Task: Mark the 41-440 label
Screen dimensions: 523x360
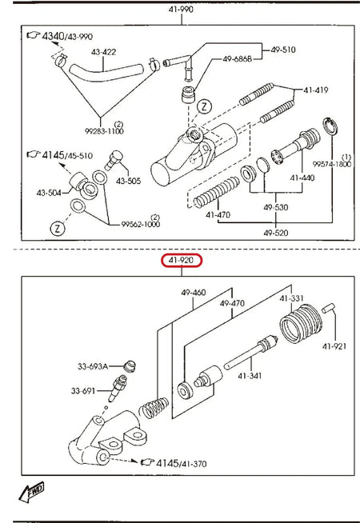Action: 303,178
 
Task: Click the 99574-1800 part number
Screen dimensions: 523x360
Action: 331,164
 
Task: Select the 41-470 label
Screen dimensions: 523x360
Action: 218,215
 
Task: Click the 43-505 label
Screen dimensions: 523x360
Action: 127,181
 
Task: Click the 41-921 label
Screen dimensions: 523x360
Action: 334,346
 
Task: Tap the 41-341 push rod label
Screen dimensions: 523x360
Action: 250,375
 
